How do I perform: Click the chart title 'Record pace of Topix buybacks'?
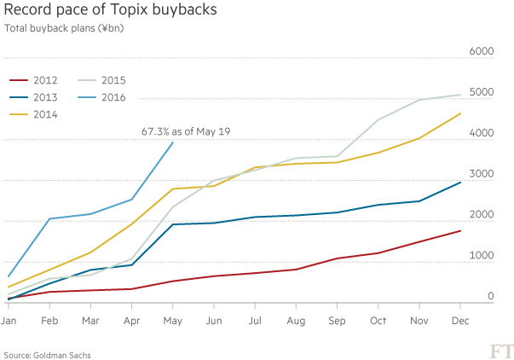[110, 11]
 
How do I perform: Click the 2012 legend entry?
[34, 79]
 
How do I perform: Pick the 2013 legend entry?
[34, 97]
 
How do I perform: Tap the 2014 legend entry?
[34, 115]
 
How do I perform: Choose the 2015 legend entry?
[102, 79]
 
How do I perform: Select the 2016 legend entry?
[102, 97]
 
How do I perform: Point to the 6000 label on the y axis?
[482, 51]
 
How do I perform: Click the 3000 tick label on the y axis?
[482, 173]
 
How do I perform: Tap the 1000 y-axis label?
[482, 255]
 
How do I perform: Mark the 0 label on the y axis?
[490, 296]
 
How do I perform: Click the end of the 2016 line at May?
[173, 142]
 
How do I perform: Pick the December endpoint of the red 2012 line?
[460, 230]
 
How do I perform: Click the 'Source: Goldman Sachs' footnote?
[47, 353]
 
